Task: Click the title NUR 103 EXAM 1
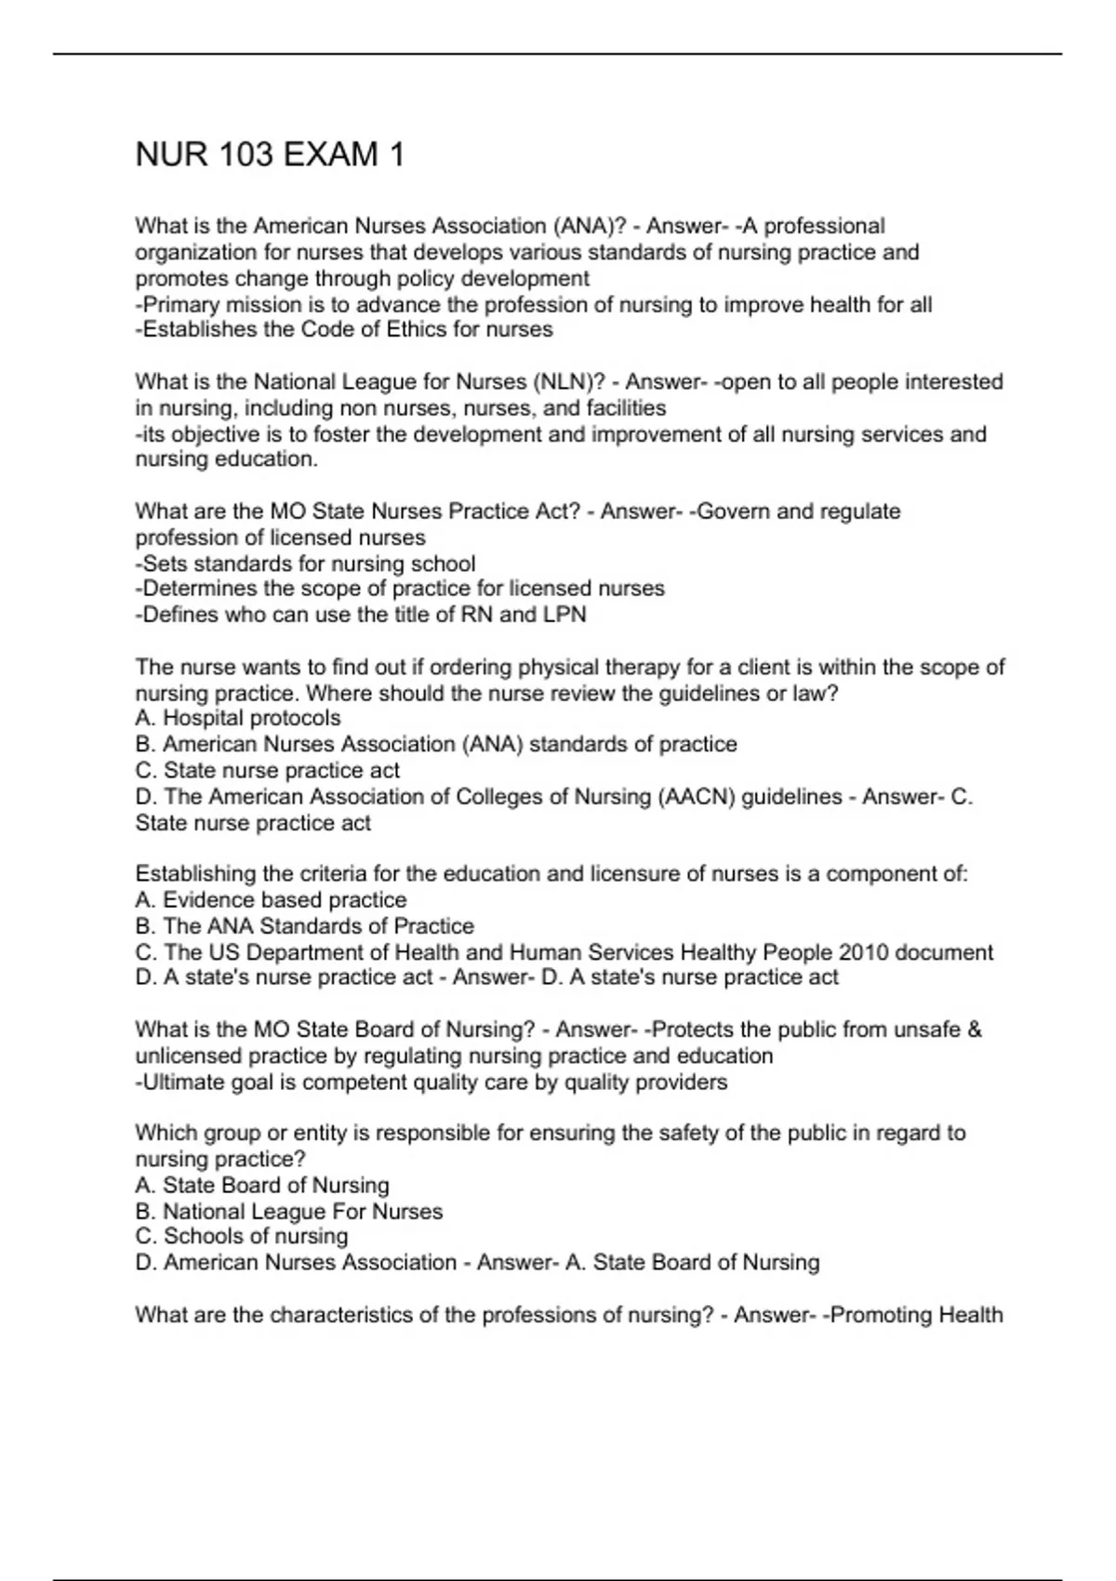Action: pos(270,154)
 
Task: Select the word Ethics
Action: pos(439,330)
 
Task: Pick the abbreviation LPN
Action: pos(565,615)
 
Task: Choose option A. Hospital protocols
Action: pos(238,718)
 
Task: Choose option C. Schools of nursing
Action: pos(242,1236)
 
